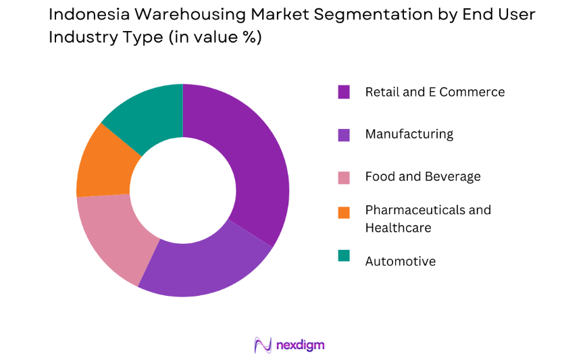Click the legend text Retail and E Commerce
pyautogui.click(x=434, y=92)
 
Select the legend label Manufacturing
pyautogui.click(x=409, y=134)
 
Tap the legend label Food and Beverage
pyautogui.click(x=423, y=176)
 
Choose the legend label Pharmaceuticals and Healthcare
pyautogui.click(x=428, y=218)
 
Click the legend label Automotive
pyautogui.click(x=400, y=261)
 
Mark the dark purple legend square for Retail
pyautogui.click(x=344, y=92)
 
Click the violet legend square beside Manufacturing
pyautogui.click(x=344, y=134)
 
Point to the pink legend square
pyautogui.click(x=344, y=177)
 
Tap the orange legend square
pyautogui.click(x=344, y=212)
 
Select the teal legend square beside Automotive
pyautogui.click(x=344, y=255)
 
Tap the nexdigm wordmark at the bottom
pyautogui.click(x=300, y=345)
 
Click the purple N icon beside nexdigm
pyautogui.click(x=262, y=344)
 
